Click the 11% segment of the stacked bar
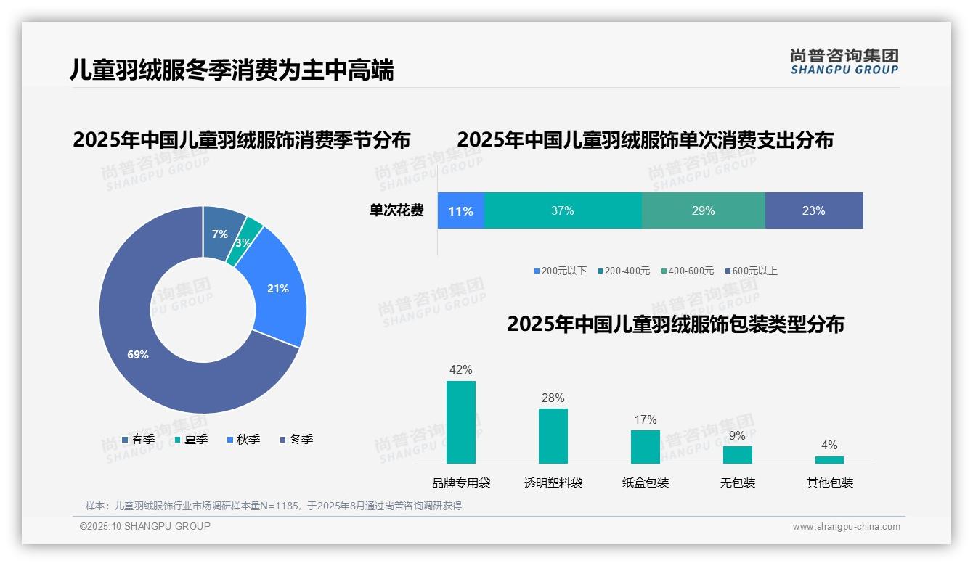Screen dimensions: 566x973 460,211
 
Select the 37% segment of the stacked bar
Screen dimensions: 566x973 562,211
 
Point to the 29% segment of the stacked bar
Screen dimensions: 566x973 703,211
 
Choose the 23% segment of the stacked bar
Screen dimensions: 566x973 813,211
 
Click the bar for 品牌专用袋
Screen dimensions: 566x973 461,422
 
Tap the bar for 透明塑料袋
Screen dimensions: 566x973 553,436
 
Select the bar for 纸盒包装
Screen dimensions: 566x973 646,447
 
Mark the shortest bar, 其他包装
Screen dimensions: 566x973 829,460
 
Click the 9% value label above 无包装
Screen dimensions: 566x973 737,436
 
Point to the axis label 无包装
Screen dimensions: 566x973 738,483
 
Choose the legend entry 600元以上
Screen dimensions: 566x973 754,271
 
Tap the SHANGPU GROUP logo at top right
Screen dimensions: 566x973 844,62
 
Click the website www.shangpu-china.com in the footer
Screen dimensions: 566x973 846,527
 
